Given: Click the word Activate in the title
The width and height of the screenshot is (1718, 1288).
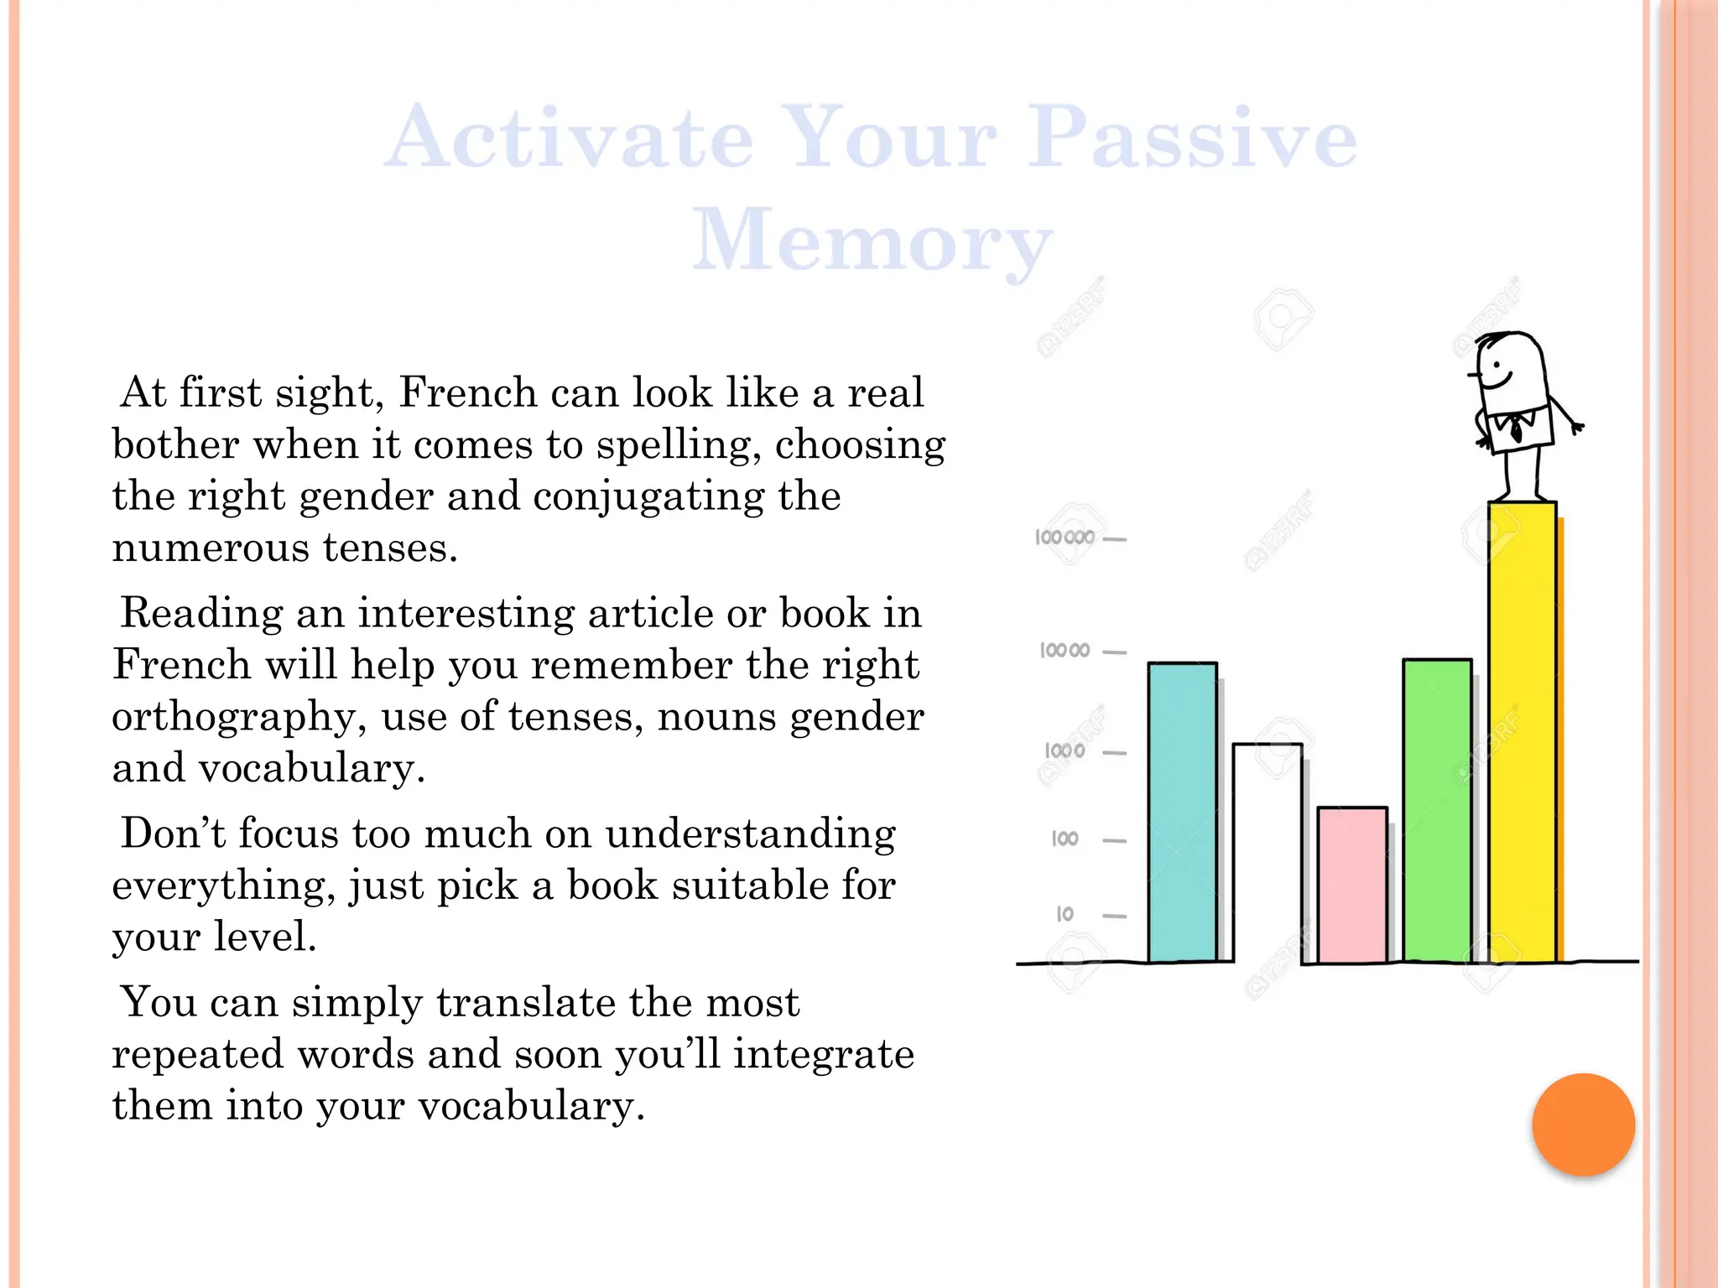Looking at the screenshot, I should (570, 138).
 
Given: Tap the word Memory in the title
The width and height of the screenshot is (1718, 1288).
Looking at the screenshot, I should (872, 241).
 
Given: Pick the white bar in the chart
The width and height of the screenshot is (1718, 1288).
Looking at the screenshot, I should (1267, 851).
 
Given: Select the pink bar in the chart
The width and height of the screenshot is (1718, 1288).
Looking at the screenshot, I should (1351, 884).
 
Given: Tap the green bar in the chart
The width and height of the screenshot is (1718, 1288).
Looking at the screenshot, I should (1437, 810).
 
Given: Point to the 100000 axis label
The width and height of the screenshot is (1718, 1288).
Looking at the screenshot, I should (1065, 538).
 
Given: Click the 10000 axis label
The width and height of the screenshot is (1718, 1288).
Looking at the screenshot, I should (1065, 650).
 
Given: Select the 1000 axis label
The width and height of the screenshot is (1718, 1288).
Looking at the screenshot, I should (1065, 750).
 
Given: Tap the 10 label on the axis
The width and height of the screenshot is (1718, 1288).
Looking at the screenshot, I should (1065, 914).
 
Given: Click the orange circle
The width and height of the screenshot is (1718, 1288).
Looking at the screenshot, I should (1583, 1124).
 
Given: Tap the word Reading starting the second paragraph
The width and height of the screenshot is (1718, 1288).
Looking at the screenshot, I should (201, 613).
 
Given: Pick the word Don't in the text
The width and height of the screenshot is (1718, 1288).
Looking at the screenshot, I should (173, 834).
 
